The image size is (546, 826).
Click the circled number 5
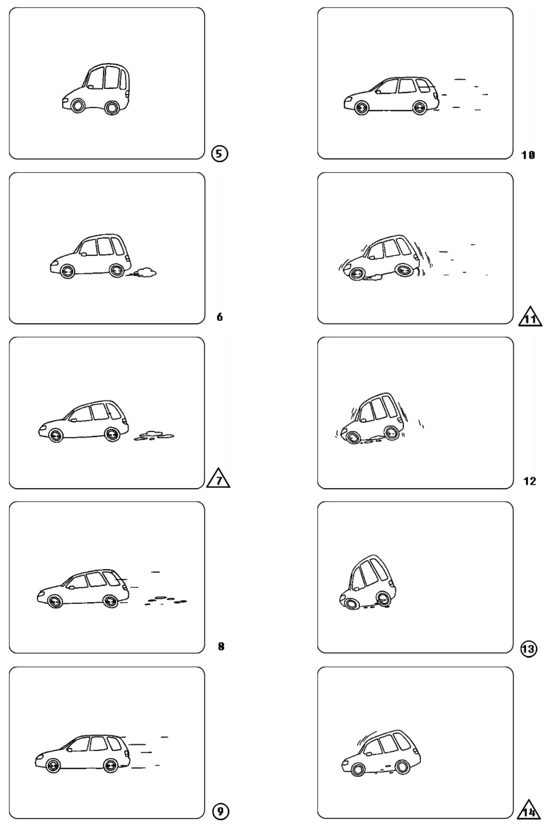[x=220, y=154]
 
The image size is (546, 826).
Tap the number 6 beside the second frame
[x=220, y=317]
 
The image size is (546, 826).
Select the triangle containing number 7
[x=218, y=478]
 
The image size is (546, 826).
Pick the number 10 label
[x=528, y=155]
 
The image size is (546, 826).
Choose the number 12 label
[x=529, y=481]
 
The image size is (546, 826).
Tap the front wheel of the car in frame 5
[x=77, y=105]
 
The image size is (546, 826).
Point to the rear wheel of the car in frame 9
[x=110, y=766]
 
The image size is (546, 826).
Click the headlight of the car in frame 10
[x=348, y=100]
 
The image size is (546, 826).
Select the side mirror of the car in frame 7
[x=74, y=420]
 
